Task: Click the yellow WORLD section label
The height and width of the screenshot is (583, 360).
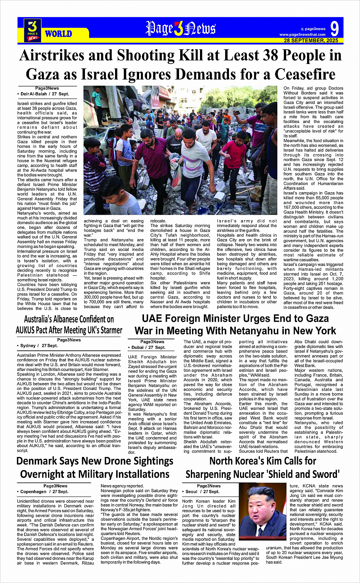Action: point(58,34)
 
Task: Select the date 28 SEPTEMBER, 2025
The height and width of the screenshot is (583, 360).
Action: point(311,40)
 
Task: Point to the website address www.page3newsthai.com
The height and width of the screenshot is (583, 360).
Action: point(302,35)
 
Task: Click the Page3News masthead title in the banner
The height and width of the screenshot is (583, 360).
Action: point(181,29)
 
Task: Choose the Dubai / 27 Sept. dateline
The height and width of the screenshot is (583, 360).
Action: point(149,347)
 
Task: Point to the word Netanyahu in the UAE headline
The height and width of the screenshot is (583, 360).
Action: point(264,331)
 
